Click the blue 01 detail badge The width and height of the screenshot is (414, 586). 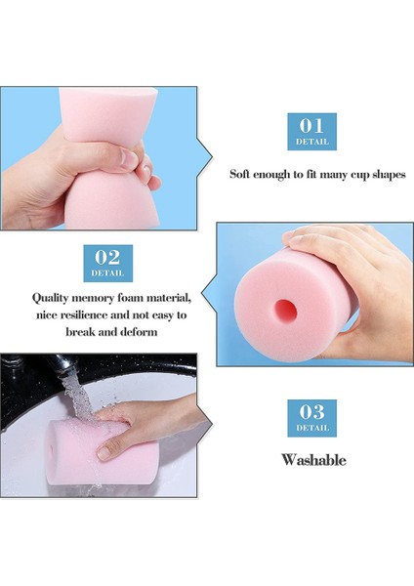pos(311,131)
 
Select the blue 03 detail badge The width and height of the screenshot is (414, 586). pos(311,417)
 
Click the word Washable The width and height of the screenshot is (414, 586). pos(313,460)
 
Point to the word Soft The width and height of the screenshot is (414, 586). pos(241,175)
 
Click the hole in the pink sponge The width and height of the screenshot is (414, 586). pos(285,312)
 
